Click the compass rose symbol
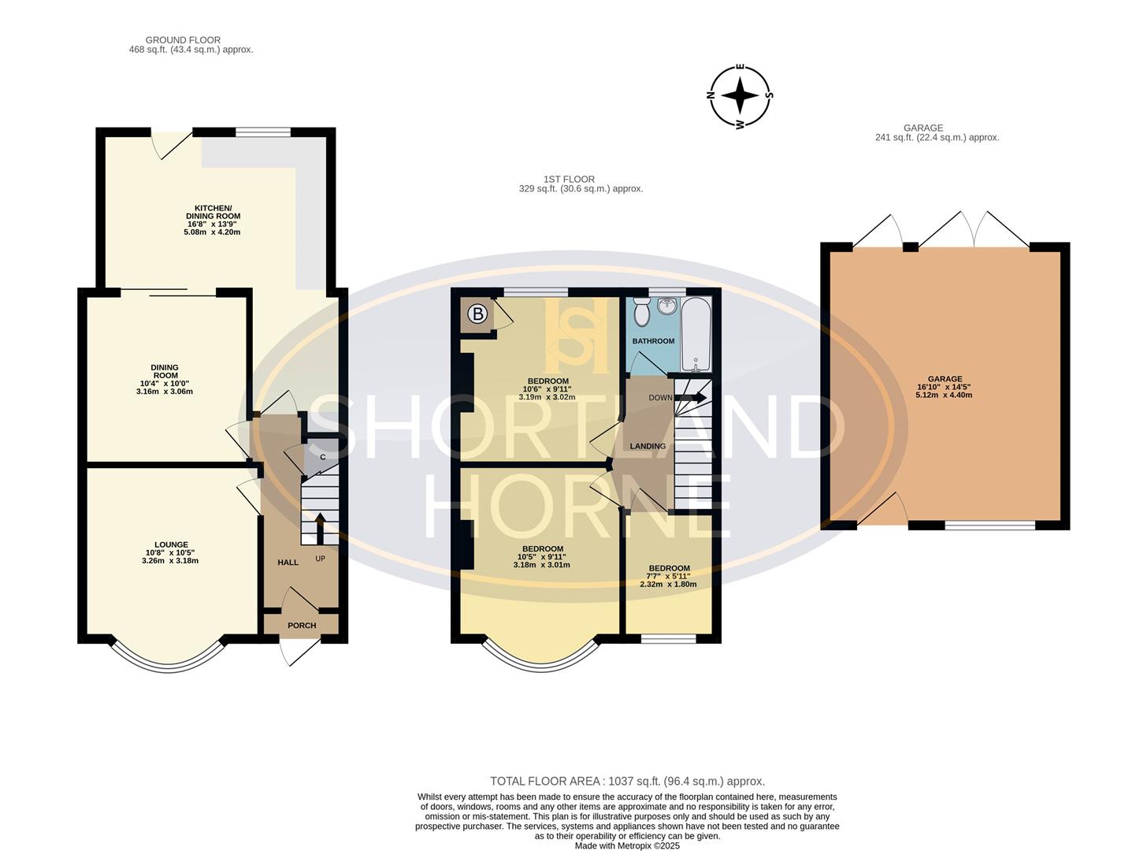tap(740, 97)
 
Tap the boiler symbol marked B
tap(477, 314)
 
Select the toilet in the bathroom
tap(642, 314)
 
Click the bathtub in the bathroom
tap(696, 335)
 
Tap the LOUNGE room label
tap(171, 544)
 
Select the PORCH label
tap(302, 626)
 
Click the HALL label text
tap(288, 563)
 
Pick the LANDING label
tap(648, 446)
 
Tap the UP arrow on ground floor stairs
tap(320, 528)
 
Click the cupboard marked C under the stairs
tap(322, 457)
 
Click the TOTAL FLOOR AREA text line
tap(627, 782)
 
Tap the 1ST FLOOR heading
tap(569, 180)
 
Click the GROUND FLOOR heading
tap(183, 40)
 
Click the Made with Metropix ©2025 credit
tap(627, 845)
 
